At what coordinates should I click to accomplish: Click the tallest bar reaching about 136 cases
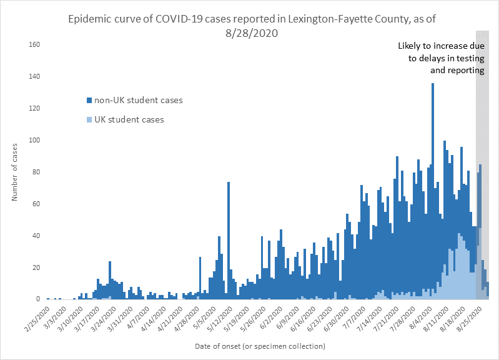(x=432, y=187)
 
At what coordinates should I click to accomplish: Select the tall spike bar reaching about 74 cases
(x=229, y=237)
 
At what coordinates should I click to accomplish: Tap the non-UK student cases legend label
(x=138, y=99)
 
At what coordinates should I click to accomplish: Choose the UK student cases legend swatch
(x=89, y=119)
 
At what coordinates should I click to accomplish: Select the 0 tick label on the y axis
(x=37, y=299)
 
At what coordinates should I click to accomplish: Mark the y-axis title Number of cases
(x=14, y=172)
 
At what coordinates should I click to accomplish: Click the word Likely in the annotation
(x=411, y=46)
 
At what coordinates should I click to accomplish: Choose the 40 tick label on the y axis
(x=36, y=236)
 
